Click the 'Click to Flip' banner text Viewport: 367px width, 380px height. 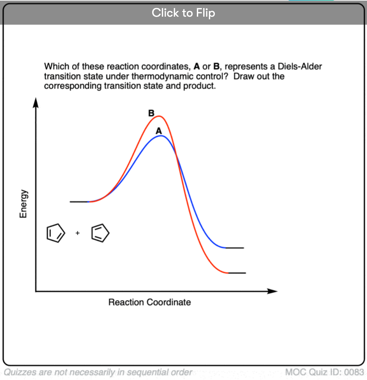point(183,13)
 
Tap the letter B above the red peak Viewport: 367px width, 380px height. point(151,113)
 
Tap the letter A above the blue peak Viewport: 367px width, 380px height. point(159,131)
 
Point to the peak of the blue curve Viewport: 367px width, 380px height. point(160,136)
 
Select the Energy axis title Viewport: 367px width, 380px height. point(23,204)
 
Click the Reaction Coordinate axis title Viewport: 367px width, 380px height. point(149,302)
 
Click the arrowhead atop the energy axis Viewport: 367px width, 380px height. point(36,102)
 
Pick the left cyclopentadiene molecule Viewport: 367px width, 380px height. point(55,233)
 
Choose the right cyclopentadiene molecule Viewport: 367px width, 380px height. point(100,233)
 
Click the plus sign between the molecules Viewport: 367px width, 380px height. point(78,233)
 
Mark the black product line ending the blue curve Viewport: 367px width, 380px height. point(235,248)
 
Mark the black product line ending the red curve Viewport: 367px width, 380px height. point(237,273)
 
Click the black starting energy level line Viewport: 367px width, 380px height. point(79,202)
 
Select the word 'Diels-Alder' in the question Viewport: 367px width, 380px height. point(300,66)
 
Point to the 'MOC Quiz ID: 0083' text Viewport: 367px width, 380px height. point(324,372)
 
